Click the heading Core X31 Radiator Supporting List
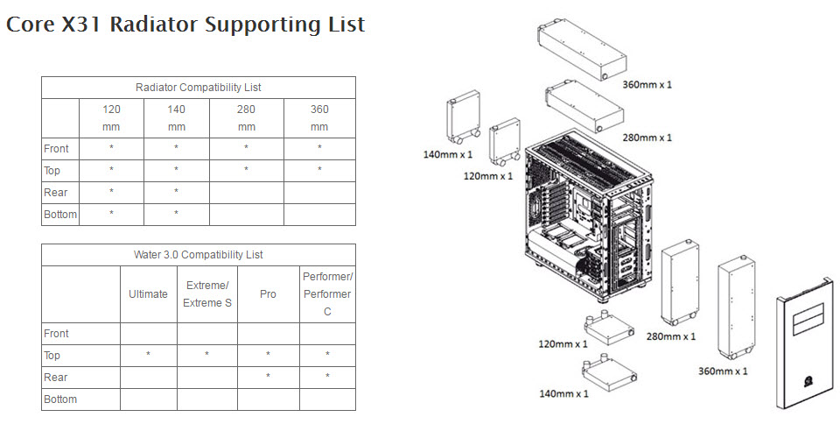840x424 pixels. (x=185, y=25)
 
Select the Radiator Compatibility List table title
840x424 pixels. (x=199, y=88)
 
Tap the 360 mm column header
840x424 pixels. (x=319, y=118)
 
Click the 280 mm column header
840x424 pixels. (x=246, y=118)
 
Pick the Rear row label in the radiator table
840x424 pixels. (x=56, y=193)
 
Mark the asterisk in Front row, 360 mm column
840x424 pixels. (x=319, y=149)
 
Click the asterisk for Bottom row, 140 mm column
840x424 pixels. (x=176, y=215)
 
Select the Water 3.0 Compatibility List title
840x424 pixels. (x=199, y=255)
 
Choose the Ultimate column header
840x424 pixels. (x=148, y=294)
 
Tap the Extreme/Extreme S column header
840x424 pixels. (x=206, y=294)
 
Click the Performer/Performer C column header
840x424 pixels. (x=327, y=294)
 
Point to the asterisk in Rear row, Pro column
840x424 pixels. (x=268, y=378)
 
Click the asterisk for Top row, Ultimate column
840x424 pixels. (x=148, y=356)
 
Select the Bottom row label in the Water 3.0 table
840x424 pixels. (x=60, y=399)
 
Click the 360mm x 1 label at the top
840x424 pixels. (x=647, y=85)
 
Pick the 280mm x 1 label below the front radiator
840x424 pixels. (x=670, y=336)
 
